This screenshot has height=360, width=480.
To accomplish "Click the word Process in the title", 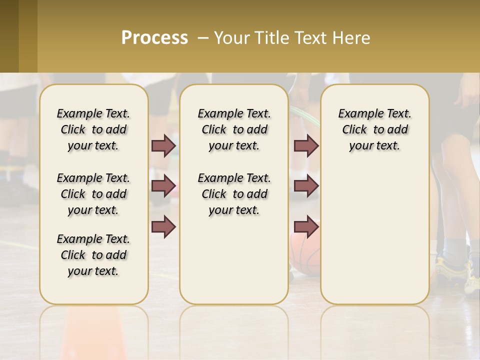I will coord(154,37).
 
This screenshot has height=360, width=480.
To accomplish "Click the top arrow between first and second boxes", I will coord(163,145).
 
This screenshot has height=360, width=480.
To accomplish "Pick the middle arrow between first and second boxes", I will coord(163,186).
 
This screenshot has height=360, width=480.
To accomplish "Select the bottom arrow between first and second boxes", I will coord(163,226).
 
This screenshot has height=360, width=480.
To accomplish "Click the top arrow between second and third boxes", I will coord(306,145).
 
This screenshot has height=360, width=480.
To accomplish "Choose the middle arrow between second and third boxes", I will coord(306,186).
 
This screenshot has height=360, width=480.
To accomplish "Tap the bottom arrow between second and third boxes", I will coord(306,226).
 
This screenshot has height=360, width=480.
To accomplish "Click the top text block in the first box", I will coord(93,129).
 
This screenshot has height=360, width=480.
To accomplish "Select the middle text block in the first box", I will coord(93,194).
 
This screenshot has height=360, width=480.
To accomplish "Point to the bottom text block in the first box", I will coord(93,255).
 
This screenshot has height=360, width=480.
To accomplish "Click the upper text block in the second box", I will coord(234,129).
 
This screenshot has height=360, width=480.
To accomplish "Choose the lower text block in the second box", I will coord(234,194).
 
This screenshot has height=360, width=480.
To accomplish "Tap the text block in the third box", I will coord(374,129).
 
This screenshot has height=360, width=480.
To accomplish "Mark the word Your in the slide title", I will coord(230,37).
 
